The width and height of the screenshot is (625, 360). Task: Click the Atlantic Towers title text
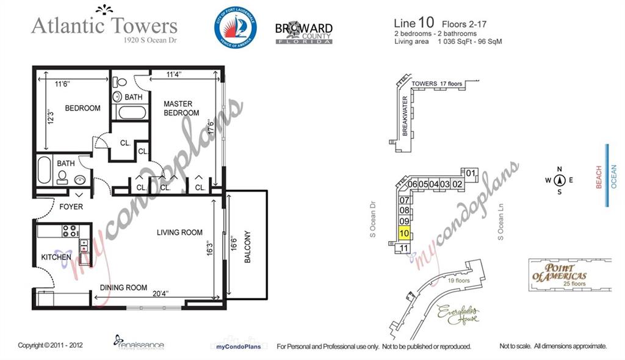[104, 26]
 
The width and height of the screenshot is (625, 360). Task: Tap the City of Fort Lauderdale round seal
[236, 28]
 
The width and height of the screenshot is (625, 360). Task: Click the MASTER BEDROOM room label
[181, 109]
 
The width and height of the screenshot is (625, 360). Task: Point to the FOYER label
[71, 207]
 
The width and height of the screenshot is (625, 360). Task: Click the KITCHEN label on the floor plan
[56, 258]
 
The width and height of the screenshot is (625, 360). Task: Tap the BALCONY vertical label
[247, 247]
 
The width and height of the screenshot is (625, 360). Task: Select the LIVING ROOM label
[179, 232]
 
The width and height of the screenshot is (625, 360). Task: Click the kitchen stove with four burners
[70, 231]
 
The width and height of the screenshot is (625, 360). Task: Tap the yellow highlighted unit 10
[404, 232]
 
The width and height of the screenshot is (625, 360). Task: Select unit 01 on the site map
[471, 173]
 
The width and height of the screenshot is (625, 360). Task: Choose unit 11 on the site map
[403, 248]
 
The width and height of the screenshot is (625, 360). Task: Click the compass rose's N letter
[559, 170]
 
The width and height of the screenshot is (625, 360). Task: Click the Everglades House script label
[458, 314]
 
